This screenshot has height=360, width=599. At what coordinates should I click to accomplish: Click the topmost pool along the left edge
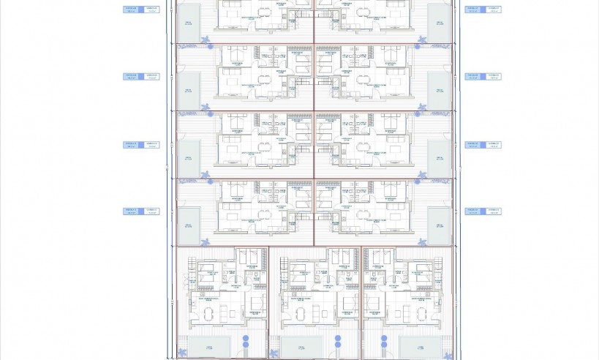point(188,23)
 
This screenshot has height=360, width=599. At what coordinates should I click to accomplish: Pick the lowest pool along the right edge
point(440,226)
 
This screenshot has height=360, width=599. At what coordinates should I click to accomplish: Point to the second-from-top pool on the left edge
point(188,91)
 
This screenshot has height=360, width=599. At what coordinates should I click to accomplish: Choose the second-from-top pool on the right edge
point(440,91)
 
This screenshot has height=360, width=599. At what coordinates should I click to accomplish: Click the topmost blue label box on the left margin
point(140,10)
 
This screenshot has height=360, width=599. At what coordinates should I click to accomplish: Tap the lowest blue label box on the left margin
point(140,211)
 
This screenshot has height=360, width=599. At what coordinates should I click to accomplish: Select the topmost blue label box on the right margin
point(483,10)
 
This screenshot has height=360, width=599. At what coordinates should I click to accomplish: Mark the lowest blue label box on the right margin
point(483,211)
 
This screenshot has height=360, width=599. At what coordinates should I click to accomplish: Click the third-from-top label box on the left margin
point(140,145)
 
